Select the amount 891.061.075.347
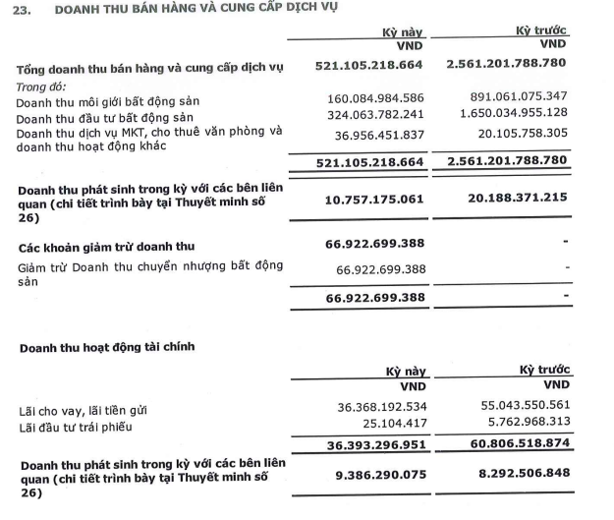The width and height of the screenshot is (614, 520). (517, 98)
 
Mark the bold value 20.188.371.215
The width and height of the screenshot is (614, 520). (512, 198)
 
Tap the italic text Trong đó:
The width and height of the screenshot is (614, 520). (40, 86)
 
